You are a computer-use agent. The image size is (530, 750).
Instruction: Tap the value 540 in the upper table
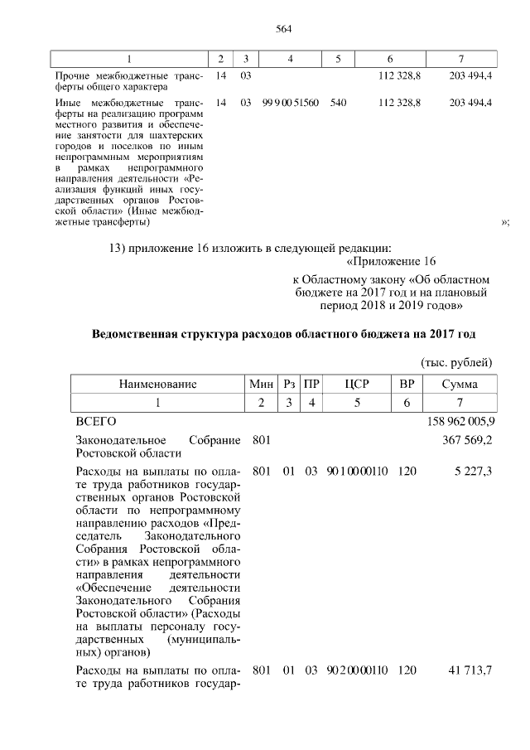pos(338,102)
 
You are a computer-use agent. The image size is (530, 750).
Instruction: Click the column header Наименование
pos(157,384)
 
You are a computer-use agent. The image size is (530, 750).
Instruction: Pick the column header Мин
pos(261,384)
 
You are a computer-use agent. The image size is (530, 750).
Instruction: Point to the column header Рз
pos(289,384)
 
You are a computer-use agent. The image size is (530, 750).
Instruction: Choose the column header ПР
pos(311,384)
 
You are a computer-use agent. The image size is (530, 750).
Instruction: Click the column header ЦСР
pos(357,384)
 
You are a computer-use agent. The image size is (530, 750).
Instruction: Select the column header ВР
pos(407,384)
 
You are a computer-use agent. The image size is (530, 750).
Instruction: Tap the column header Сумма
pos(459,384)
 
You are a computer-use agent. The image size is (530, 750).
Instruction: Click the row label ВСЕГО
pos(96,421)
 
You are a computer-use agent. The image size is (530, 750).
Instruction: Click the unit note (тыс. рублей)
pos(457,362)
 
